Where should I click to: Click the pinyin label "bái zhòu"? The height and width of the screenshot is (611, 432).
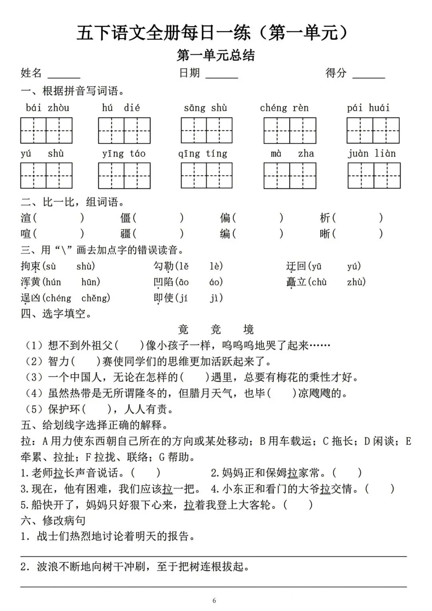(x=47, y=108)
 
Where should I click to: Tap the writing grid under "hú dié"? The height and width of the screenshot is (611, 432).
(x=124, y=131)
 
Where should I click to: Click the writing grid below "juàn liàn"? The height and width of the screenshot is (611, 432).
(x=374, y=176)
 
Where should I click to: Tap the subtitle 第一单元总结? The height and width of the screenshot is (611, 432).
(x=216, y=55)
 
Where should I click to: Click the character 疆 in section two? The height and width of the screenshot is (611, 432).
(x=126, y=233)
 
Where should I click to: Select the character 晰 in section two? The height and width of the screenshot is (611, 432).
(x=325, y=233)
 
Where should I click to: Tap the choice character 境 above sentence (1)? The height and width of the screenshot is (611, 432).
(x=248, y=330)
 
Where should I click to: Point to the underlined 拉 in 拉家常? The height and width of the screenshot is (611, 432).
(x=292, y=473)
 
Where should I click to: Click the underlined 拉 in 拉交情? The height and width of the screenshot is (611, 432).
(x=325, y=489)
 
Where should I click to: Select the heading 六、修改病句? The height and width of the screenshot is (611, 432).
(x=53, y=520)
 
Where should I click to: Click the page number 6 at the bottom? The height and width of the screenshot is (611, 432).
(x=214, y=600)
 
